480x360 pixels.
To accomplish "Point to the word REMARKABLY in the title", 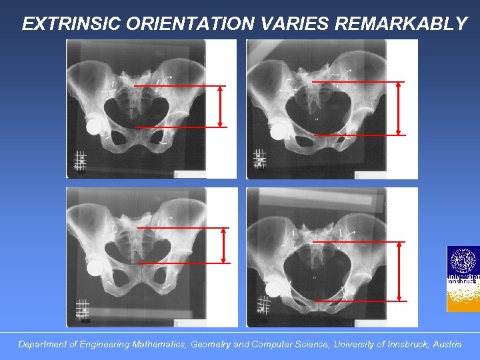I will pos(401,24).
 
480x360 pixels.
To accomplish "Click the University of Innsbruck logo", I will pos(463,279).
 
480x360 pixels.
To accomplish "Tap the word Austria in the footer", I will pos(447,345).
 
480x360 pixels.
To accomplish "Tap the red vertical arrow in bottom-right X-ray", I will pos(399,271).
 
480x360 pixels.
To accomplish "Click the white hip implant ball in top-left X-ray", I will pos(95,125).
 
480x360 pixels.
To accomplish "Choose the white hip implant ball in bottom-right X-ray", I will pos(273,288).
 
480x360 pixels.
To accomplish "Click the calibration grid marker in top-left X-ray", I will pos(80,161).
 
